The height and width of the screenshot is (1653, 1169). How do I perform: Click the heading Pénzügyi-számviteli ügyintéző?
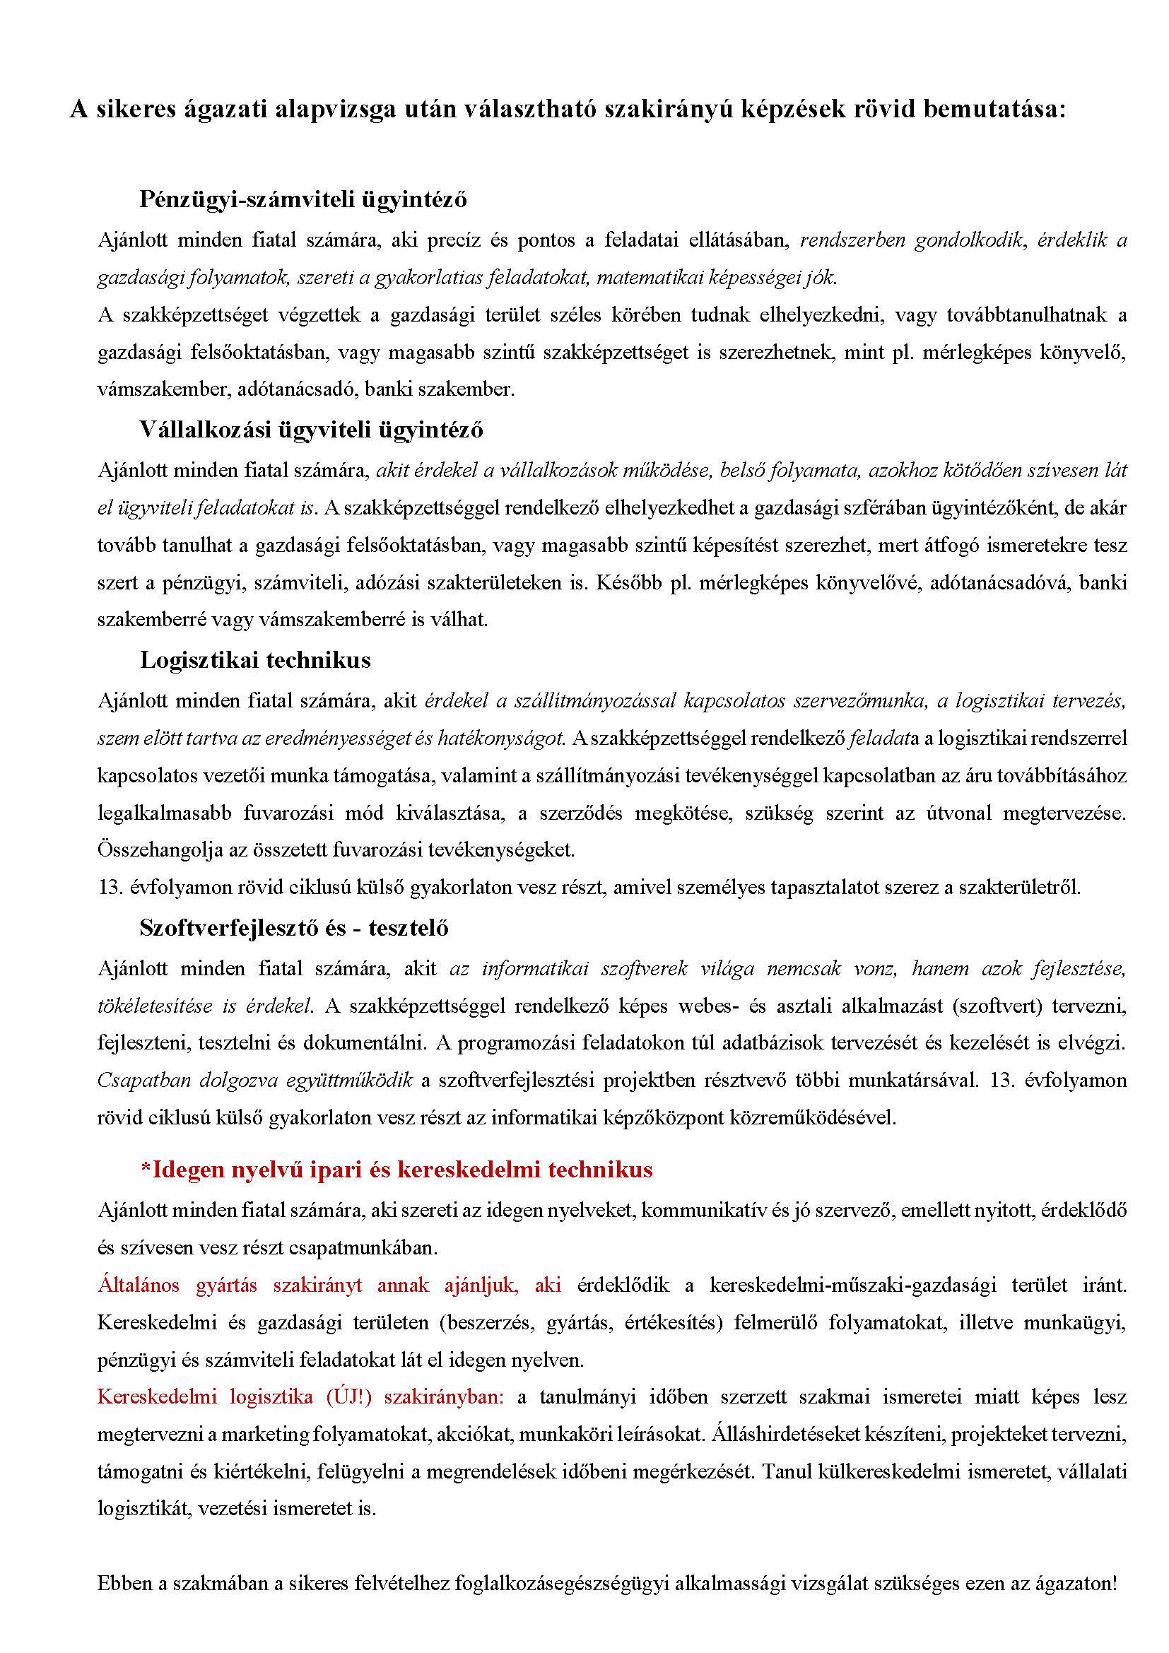[x=303, y=199]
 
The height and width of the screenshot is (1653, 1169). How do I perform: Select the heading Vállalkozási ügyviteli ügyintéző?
[x=311, y=430]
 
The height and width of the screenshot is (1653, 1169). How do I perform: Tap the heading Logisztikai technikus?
[x=255, y=660]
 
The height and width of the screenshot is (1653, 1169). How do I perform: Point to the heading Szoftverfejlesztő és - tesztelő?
[x=294, y=928]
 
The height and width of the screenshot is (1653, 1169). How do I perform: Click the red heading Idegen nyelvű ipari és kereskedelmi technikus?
[x=396, y=1170]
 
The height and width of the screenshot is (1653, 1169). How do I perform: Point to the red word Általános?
[x=139, y=1285]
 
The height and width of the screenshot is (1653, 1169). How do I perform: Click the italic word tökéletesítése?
[x=155, y=1006]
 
